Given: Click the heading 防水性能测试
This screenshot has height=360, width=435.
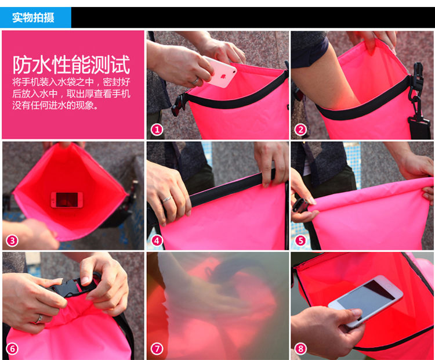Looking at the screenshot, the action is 71,65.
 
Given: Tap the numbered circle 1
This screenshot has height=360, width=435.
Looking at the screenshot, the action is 157,129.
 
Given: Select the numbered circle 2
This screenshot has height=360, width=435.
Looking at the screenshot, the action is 300,129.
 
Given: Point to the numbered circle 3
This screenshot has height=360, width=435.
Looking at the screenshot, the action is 12,240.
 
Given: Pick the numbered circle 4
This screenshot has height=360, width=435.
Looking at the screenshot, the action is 157,240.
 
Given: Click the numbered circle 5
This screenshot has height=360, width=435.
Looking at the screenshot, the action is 300,240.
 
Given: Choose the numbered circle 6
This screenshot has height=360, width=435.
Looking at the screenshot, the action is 12,348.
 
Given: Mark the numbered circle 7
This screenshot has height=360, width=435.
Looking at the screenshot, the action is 157,348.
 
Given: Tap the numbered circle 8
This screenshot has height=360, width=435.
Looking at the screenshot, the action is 300,348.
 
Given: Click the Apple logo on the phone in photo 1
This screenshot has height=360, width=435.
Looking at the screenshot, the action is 223,75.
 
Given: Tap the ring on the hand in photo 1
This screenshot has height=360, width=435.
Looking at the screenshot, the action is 195,81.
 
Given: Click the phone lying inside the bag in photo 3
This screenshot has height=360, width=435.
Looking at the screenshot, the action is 67,200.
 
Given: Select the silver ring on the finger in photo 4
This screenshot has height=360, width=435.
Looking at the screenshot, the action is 167,199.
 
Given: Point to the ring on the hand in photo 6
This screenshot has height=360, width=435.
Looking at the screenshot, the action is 39,319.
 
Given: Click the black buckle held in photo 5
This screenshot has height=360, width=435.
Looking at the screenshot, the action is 300,206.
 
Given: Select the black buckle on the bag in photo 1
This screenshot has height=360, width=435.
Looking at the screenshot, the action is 179,105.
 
